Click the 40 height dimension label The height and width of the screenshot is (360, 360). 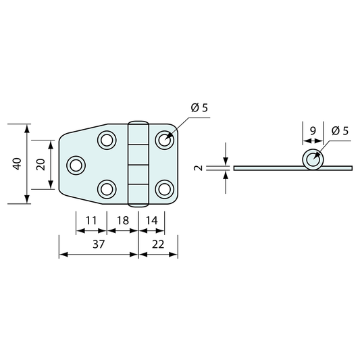(x=17, y=163)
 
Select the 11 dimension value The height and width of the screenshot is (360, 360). (x=91, y=220)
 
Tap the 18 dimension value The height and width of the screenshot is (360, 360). (x=123, y=220)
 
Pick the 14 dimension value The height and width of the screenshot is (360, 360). (x=151, y=220)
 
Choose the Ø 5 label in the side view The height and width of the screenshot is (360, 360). (x=340, y=131)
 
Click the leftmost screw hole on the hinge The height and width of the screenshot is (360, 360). (x=76, y=165)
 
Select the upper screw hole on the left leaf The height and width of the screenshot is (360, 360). (x=106, y=140)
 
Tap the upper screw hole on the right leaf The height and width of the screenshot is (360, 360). (x=163, y=140)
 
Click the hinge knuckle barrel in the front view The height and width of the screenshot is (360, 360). (x=138, y=163)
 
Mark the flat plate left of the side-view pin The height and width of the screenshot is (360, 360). (x=267, y=168)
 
